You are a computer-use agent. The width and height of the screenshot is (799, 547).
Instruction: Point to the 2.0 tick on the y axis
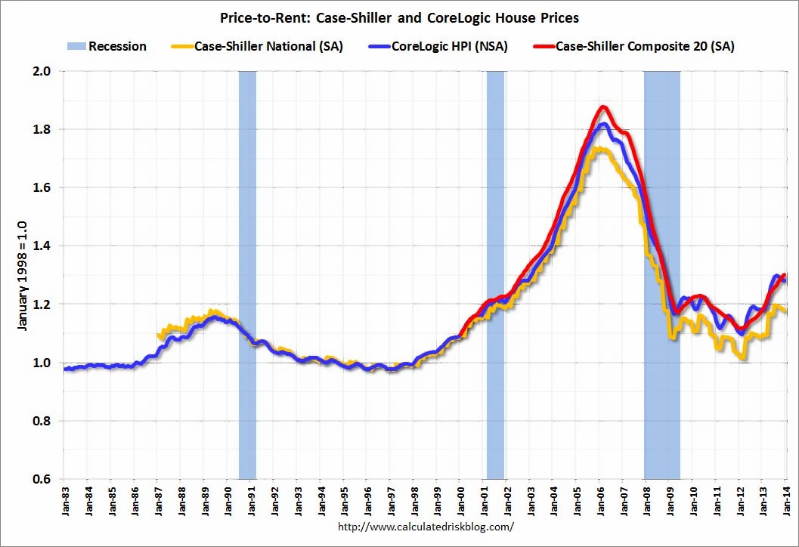click(x=45, y=72)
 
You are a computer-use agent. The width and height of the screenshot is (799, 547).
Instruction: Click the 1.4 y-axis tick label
click(x=45, y=246)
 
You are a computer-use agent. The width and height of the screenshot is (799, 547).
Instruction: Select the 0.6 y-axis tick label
click(x=45, y=479)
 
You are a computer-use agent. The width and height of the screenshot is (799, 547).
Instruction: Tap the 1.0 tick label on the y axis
click(x=45, y=363)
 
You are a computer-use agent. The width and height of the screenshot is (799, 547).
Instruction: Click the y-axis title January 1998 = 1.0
click(x=22, y=276)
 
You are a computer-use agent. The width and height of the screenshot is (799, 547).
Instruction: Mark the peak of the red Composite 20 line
click(x=603, y=107)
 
